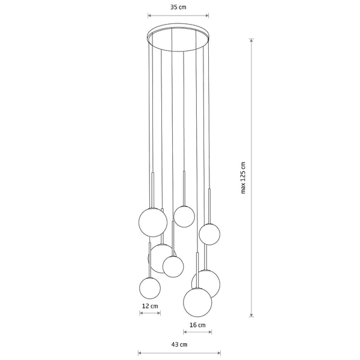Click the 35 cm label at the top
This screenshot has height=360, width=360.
pos(178,7)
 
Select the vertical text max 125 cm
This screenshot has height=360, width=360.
pos(243,178)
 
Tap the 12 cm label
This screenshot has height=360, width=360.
pos(150,306)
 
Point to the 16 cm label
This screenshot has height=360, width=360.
pos(197,325)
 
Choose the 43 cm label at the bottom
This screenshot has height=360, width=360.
pos(179,344)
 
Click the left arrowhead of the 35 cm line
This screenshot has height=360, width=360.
pos(149,16)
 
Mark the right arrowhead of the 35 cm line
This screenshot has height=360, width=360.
pos(208,16)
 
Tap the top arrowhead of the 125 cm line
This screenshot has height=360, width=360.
pos(251,40)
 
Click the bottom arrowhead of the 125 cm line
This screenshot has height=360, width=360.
pos(251,315)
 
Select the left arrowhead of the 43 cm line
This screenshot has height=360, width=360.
pos(139,353)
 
